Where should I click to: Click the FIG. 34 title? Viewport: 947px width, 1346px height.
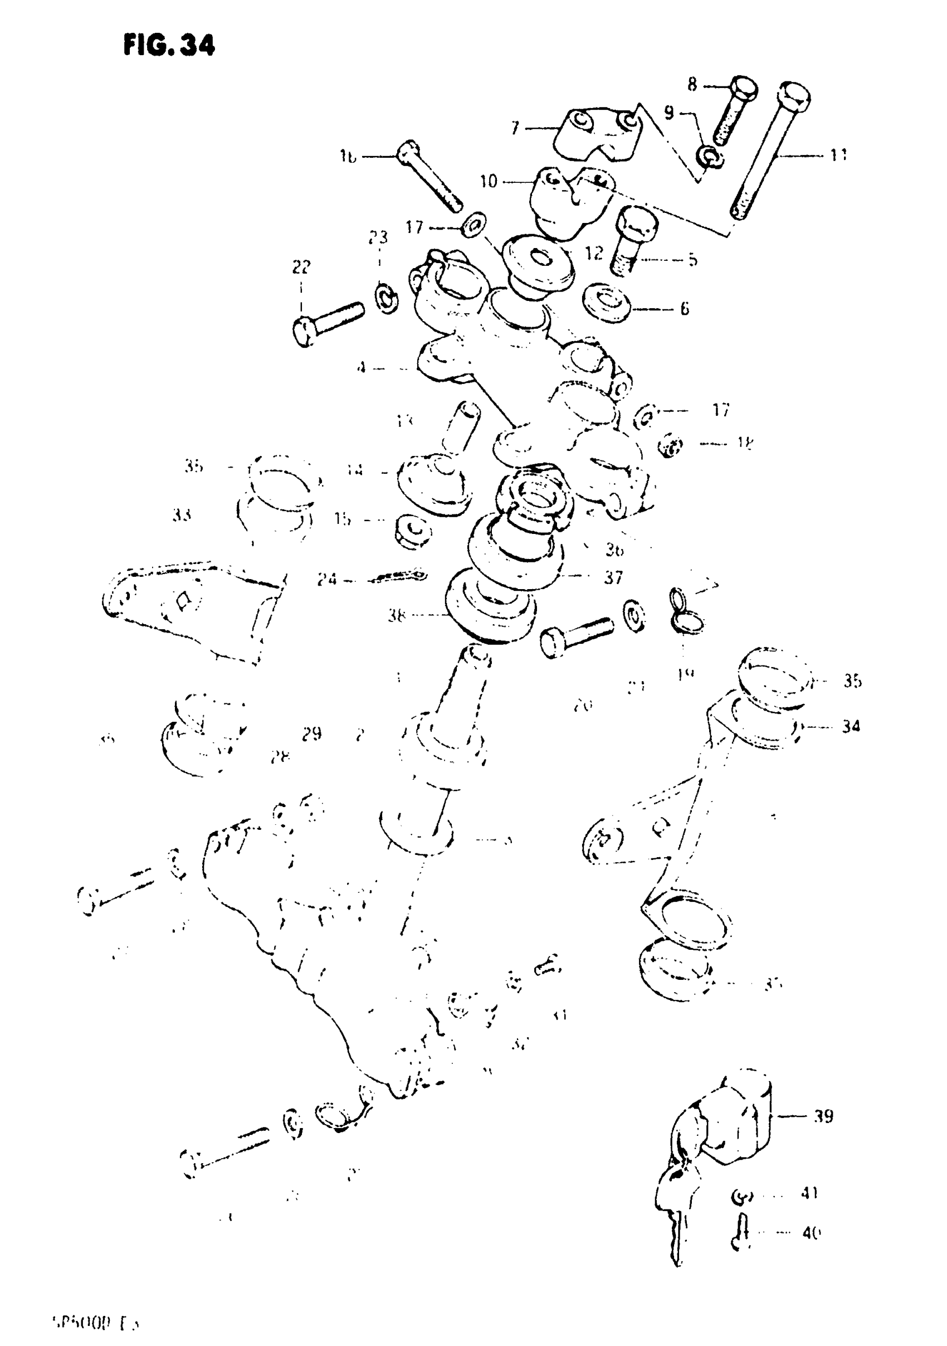click(169, 45)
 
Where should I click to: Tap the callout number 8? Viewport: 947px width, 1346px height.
click(692, 85)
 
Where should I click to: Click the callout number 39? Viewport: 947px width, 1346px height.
click(823, 1116)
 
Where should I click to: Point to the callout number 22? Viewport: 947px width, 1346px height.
click(301, 268)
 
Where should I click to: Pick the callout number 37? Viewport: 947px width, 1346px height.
click(613, 577)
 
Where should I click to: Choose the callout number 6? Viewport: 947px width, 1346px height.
click(684, 308)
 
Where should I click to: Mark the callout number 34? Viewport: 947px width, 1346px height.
click(851, 727)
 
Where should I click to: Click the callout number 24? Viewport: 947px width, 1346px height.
click(327, 579)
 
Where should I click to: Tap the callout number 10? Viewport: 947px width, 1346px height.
click(488, 181)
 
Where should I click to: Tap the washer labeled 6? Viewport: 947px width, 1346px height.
click(606, 303)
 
